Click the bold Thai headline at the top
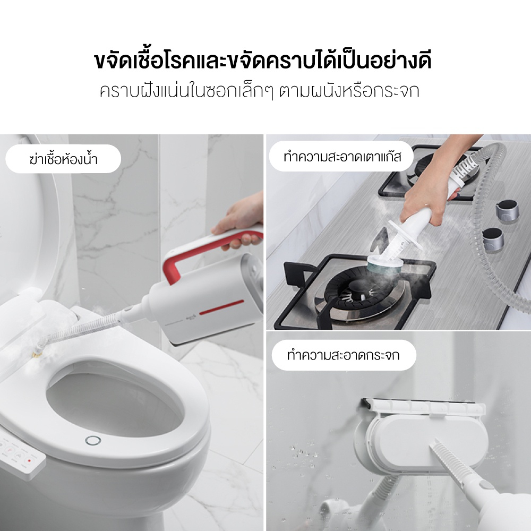click(x=263, y=61)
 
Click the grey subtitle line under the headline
click(x=260, y=91)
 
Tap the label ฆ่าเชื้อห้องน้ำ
click(x=63, y=158)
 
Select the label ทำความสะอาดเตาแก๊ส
click(x=342, y=157)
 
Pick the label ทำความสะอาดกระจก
click(x=343, y=355)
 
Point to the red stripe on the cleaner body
click(x=221, y=307)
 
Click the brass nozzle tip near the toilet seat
click(x=36, y=355)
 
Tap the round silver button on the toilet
click(x=93, y=441)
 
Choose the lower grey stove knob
click(x=493, y=239)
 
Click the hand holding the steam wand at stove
click(x=425, y=200)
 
